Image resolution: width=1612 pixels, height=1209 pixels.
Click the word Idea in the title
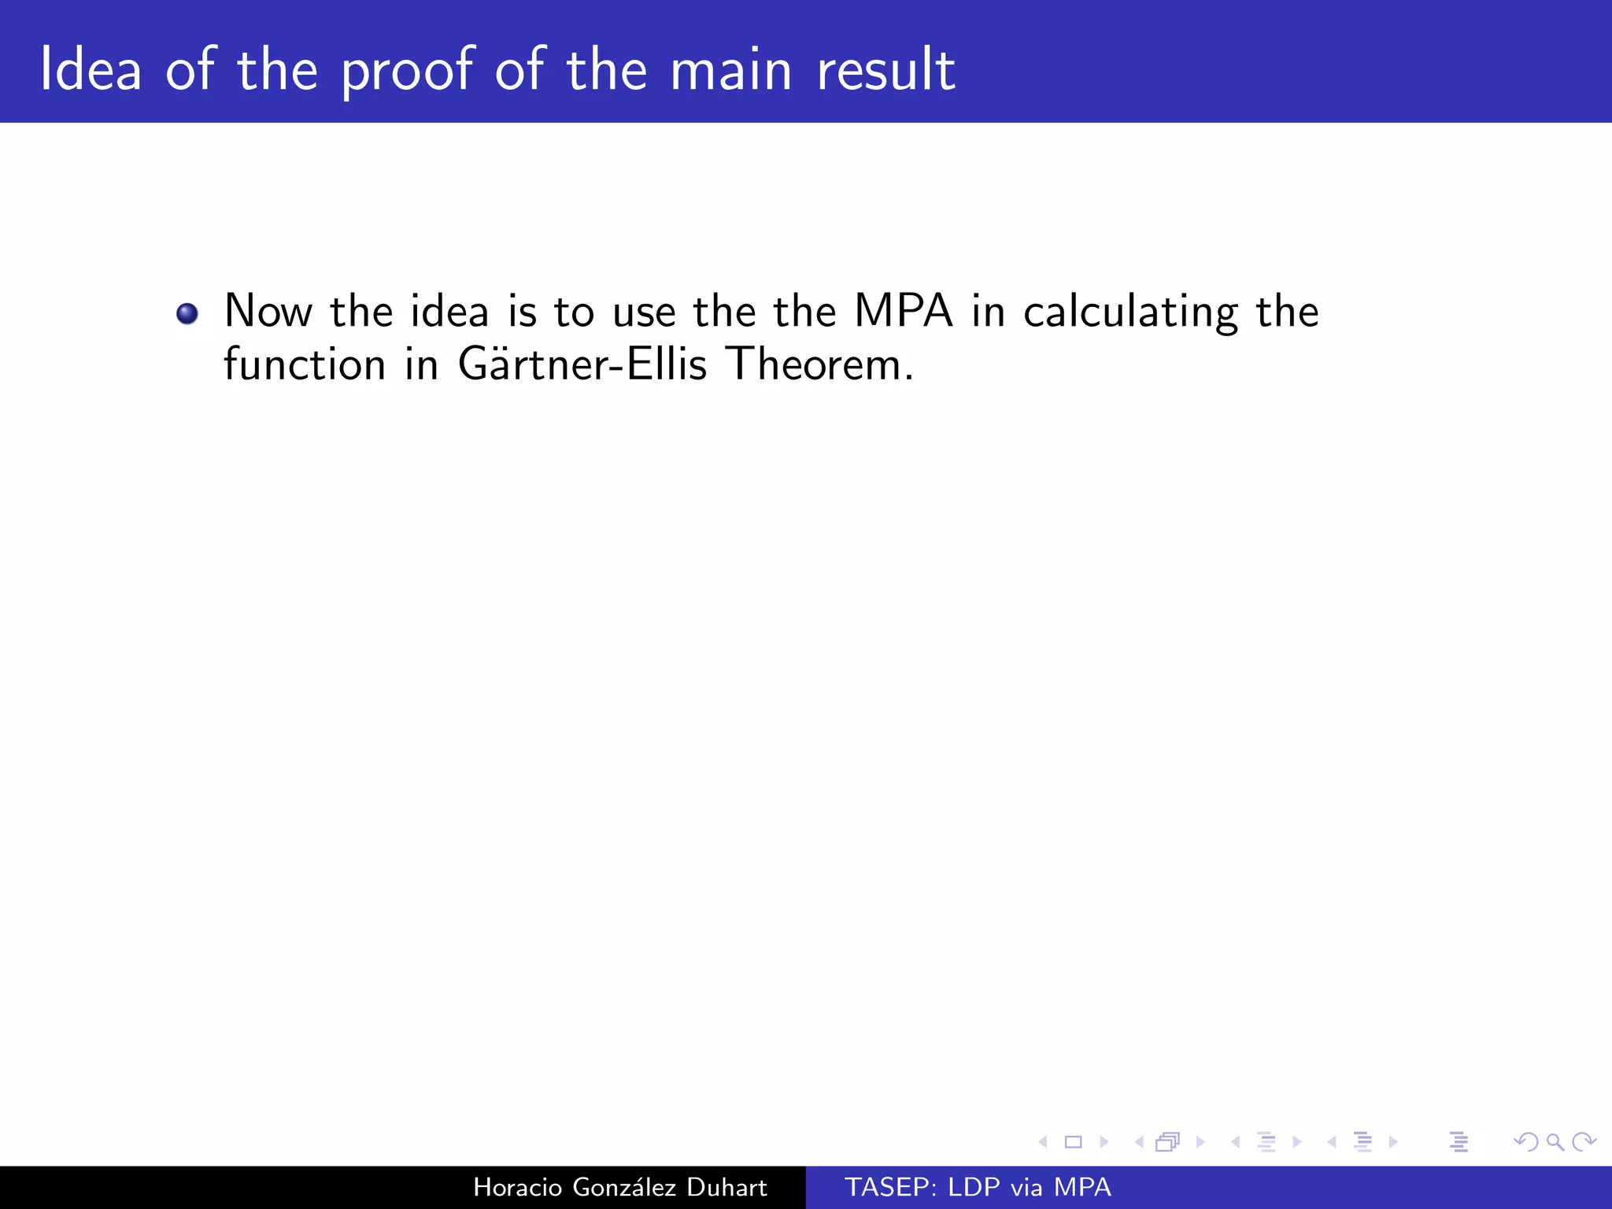click(x=91, y=70)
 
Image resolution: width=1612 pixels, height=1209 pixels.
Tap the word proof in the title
click(x=408, y=72)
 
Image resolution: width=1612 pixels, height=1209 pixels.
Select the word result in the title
click(x=885, y=70)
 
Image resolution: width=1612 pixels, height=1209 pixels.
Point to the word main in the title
click(x=730, y=70)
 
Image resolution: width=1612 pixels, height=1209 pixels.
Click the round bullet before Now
click(x=187, y=314)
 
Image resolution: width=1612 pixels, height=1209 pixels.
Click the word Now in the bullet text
click(x=268, y=311)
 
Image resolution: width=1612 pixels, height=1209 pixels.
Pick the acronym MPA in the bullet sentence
click(x=903, y=311)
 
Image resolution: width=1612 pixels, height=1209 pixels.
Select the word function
click(x=305, y=364)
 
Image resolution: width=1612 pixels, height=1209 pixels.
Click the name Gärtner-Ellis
click(x=582, y=364)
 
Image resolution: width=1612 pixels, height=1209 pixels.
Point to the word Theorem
click(x=819, y=364)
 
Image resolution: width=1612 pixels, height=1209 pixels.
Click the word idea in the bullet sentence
click(x=449, y=311)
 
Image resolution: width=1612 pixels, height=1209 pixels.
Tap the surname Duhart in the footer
click(x=727, y=1187)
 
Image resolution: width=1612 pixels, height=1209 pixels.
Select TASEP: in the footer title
click(x=890, y=1187)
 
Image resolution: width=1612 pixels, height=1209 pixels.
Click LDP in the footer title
click(x=974, y=1187)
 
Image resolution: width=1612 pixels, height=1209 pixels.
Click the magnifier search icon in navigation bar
click(x=1555, y=1141)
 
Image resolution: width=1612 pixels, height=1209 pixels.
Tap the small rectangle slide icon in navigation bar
click(x=1073, y=1141)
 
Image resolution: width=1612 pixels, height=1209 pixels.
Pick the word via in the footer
click(x=1026, y=1187)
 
